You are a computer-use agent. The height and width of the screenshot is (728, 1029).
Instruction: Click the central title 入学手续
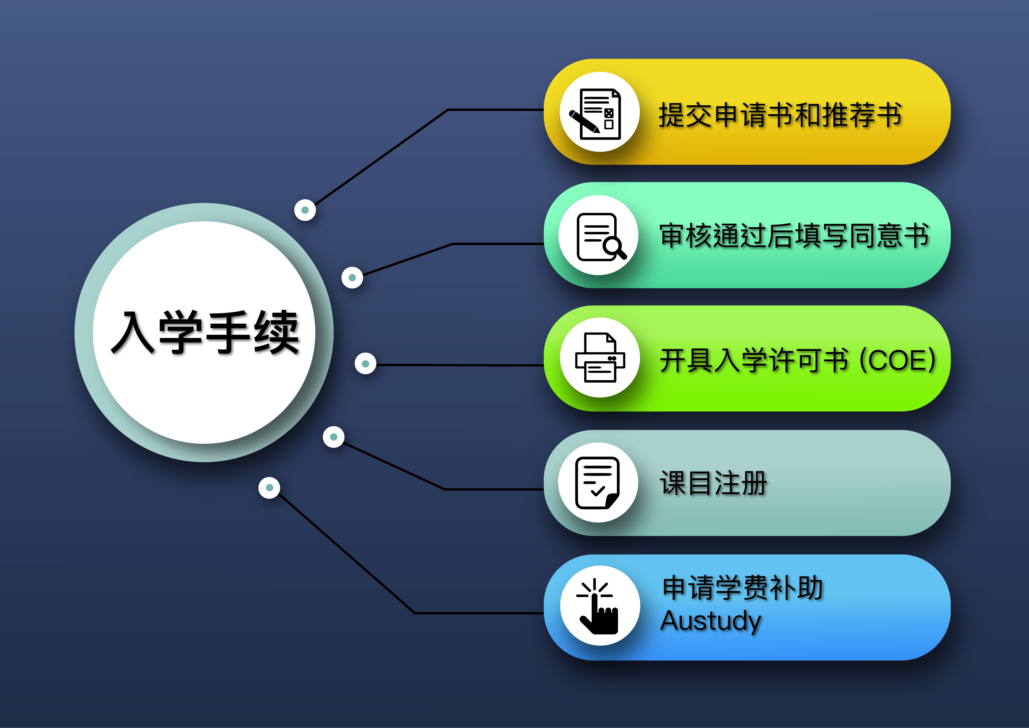[205, 332]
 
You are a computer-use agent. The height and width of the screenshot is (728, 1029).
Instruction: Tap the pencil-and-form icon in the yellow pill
[596, 114]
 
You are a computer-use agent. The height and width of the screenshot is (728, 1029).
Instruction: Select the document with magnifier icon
[600, 236]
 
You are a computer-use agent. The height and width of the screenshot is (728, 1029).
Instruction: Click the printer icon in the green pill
[600, 357]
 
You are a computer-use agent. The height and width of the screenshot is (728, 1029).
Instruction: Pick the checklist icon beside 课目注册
[598, 483]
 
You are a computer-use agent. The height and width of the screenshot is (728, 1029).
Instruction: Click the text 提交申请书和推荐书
[780, 115]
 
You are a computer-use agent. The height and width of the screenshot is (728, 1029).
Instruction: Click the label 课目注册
[713, 483]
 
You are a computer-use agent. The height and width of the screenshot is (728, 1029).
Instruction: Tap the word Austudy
[711, 621]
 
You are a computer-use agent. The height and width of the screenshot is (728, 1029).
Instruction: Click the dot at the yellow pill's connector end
[305, 210]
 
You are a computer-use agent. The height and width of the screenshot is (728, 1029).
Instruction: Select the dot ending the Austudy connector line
[269, 488]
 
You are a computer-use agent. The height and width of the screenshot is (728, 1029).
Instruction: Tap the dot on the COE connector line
[365, 364]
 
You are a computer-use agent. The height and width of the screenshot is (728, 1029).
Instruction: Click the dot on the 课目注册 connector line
[334, 437]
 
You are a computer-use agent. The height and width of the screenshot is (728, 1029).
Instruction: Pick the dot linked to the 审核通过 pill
[352, 278]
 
